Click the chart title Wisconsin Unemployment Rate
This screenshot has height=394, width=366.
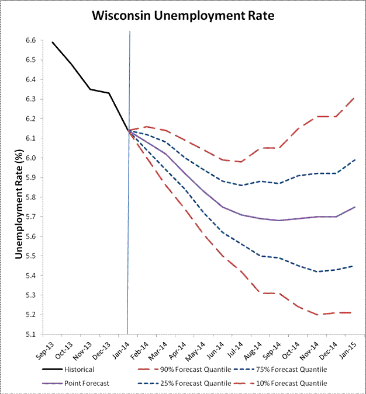[x=183, y=17]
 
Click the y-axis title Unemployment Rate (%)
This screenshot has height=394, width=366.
[x=19, y=199]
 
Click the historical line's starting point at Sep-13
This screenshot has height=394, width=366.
[x=52, y=42]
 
